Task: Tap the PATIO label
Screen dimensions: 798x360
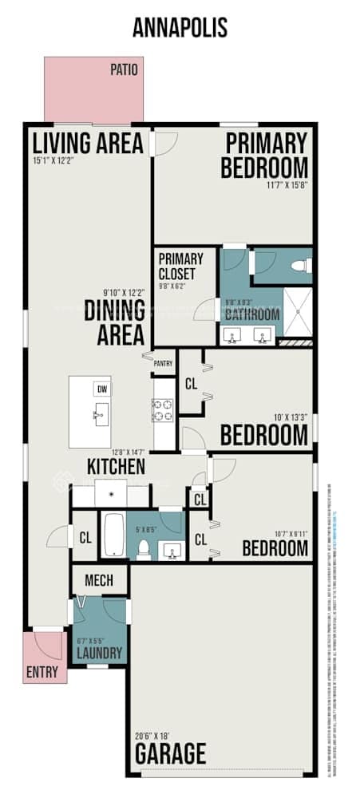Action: (124, 70)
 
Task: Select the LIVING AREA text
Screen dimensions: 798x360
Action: (88, 144)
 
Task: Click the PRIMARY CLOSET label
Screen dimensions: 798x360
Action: (180, 265)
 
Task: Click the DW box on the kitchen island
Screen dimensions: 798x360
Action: (101, 389)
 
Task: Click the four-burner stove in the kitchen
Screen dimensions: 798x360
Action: (164, 410)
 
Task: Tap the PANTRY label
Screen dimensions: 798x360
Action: (164, 363)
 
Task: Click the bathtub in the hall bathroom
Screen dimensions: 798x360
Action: (113, 535)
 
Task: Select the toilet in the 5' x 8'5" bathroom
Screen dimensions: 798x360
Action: (144, 549)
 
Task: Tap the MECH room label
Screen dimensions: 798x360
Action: (99, 580)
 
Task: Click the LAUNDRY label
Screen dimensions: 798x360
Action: (99, 654)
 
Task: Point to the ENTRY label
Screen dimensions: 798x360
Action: (42, 672)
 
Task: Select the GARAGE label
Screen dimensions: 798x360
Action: (169, 753)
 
